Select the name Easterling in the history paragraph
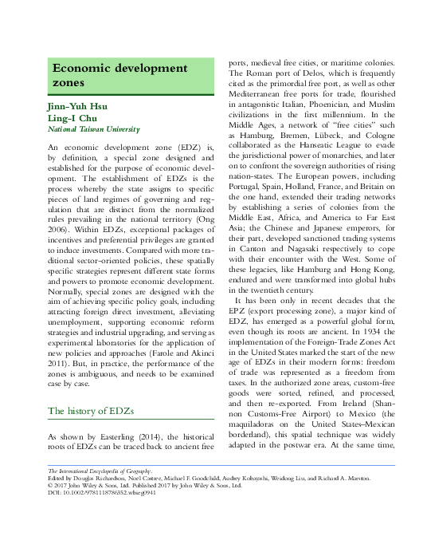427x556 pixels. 119,437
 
